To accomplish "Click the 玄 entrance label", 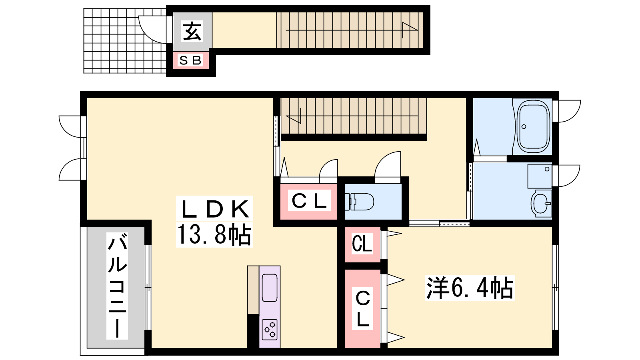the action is [192, 31].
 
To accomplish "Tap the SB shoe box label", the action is [190, 60].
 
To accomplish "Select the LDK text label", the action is [214, 209].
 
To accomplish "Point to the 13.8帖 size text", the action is [214, 234].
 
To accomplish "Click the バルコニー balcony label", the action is [117, 286].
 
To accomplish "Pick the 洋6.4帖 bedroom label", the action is [470, 288].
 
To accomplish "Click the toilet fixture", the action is [359, 202].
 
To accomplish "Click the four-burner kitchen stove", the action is [270, 330].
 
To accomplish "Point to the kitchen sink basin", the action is [270, 288].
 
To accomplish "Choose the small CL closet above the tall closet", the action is [362, 244].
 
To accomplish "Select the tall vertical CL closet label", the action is [362, 308].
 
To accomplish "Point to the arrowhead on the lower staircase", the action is [294, 116].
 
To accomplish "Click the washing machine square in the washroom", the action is [540, 176].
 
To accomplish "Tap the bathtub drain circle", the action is [524, 127].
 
